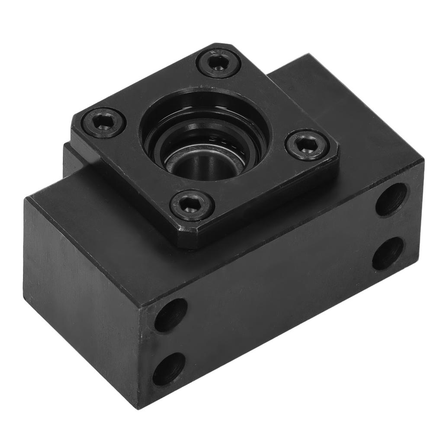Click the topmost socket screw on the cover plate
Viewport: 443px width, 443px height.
218,63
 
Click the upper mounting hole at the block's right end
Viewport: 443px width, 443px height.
391,199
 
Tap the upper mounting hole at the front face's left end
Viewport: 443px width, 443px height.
171,315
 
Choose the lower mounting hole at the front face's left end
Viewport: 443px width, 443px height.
169,369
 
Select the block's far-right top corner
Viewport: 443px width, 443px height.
422,161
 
